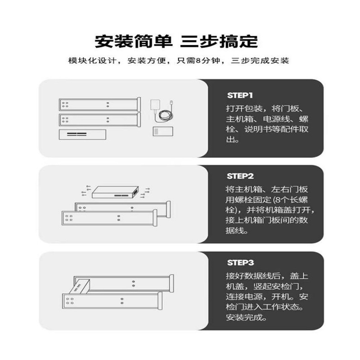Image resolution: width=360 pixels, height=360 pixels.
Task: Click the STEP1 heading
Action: pos(240,95)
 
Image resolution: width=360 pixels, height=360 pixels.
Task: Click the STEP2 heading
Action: pos(240,176)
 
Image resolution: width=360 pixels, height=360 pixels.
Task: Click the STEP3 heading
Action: pos(240,262)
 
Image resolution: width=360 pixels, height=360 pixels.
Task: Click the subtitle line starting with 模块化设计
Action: pos(178,61)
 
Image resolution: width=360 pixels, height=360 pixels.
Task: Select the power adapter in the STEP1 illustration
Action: pos(154,104)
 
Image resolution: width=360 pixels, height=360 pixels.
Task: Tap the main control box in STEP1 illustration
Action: pos(82,134)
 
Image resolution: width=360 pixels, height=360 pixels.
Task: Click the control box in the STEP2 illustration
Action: pos(115,192)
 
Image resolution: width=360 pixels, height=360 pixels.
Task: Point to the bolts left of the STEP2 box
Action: pos(85,190)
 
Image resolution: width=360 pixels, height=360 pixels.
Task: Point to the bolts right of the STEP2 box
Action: pos(145,192)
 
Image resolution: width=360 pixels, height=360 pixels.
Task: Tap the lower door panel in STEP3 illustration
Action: pos(110,300)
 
